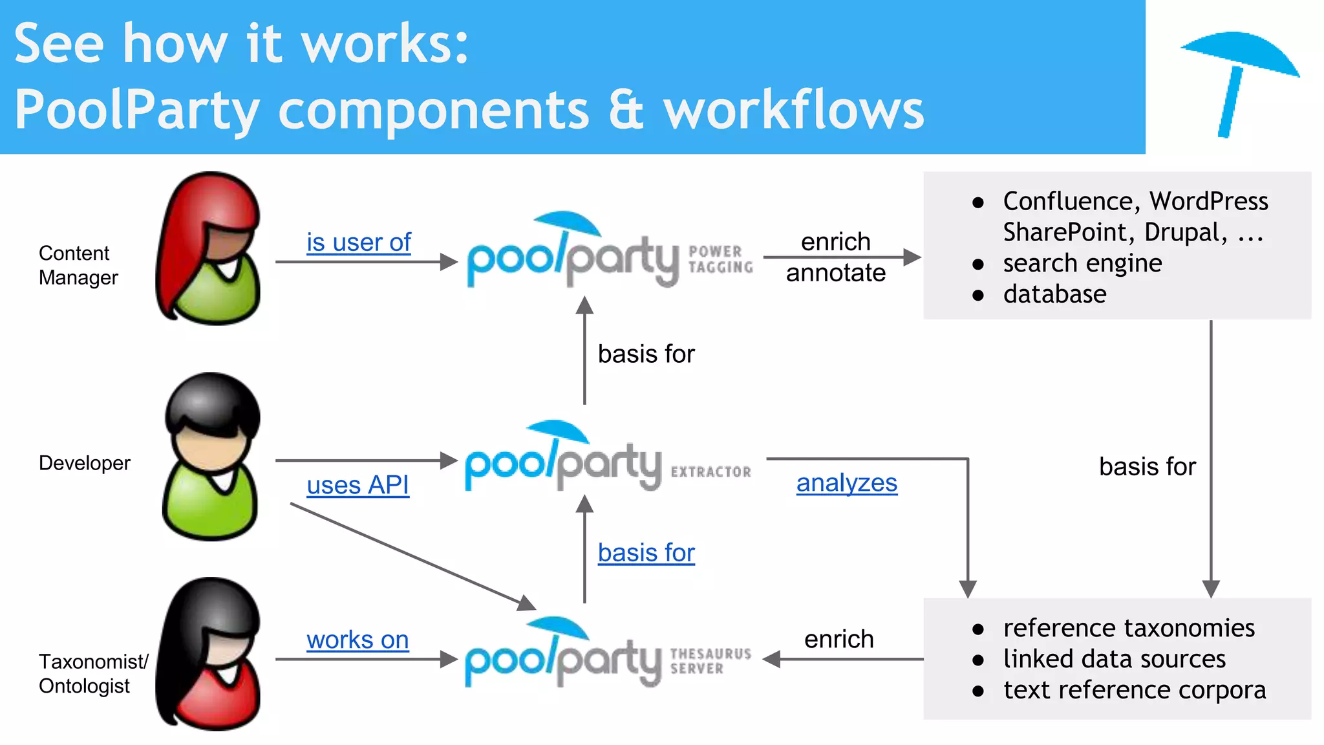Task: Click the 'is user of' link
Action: coord(358,243)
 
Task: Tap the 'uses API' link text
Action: coord(358,485)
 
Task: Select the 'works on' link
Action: coord(358,640)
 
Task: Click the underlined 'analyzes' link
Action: coord(846,483)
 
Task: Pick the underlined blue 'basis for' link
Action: coord(646,553)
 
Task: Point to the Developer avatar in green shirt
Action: coord(211,457)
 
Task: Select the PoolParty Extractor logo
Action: coord(608,458)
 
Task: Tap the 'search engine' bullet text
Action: coord(1082,263)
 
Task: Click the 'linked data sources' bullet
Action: coord(1114,659)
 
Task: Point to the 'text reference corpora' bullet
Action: coord(1134,690)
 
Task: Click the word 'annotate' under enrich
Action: coord(835,273)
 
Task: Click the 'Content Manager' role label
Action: coord(78,265)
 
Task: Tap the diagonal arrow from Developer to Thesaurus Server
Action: coord(414,557)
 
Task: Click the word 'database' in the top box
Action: coord(1054,294)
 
